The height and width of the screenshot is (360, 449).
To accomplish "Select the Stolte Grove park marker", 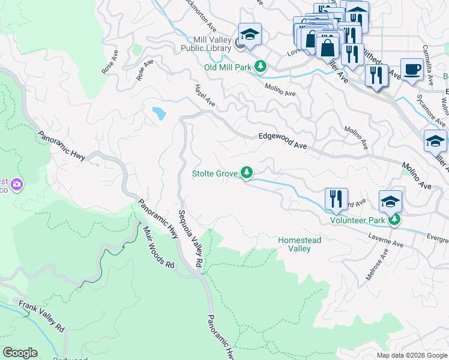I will [246, 173].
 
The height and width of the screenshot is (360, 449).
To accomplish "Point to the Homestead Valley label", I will [299, 244].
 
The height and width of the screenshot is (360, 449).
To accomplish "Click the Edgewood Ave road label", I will [282, 137].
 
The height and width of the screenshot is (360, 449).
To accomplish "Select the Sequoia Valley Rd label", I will [189, 239].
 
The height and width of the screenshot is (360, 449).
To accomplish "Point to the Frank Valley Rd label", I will [41, 316].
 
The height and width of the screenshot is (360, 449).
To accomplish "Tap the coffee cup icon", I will [411, 68].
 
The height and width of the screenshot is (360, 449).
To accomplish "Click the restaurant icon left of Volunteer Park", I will [336, 199].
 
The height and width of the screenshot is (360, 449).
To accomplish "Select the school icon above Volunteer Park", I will [390, 201].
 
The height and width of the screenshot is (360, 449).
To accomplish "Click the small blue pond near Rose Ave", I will [158, 113].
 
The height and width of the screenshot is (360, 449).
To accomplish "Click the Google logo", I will [20, 353].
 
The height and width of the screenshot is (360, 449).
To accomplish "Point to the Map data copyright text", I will [411, 355].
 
